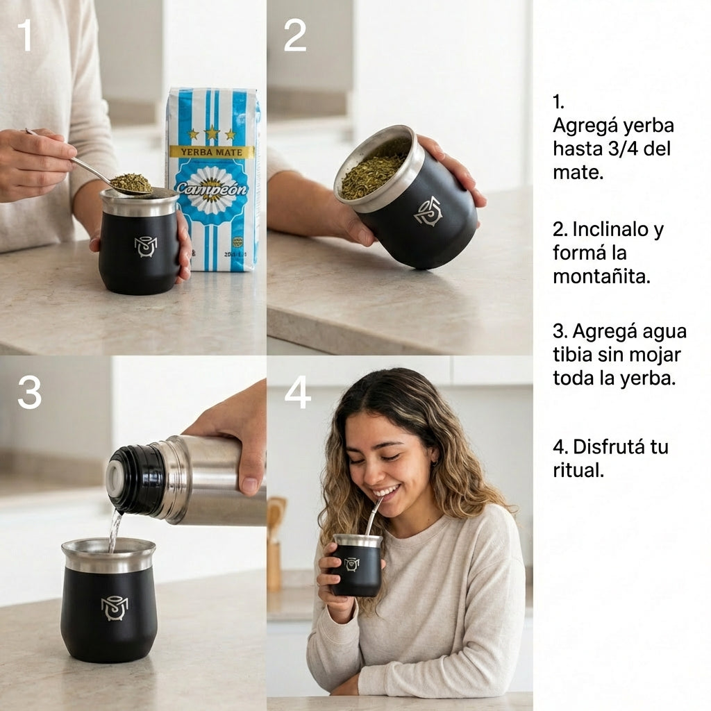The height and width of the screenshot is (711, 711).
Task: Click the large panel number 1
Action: coord(25,35)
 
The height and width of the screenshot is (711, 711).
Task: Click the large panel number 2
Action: coord(294,35)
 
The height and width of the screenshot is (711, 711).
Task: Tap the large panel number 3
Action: coord(29,393)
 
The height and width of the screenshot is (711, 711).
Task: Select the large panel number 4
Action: coord(298,393)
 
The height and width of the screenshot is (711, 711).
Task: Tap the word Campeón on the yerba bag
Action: coord(211,188)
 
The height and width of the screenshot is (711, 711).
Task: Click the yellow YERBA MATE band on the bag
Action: coord(212,151)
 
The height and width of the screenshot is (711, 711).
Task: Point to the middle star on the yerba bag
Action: coord(212,132)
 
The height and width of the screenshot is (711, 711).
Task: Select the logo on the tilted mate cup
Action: coord(427,210)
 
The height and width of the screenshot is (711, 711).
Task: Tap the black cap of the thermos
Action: coord(136,479)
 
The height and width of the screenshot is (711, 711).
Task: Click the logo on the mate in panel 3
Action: coord(115,608)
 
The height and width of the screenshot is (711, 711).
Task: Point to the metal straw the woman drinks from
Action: coord(373,515)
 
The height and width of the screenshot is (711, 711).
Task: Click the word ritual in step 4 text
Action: coord(578,470)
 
